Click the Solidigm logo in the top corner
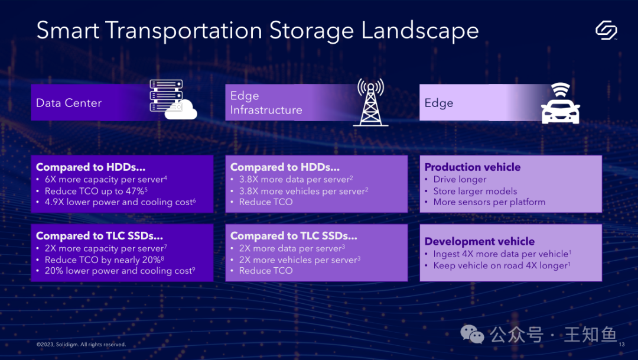(x=606, y=30)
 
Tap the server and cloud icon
(x=173, y=99)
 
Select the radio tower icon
(x=370, y=102)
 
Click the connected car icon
(x=560, y=103)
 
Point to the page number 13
(x=621, y=345)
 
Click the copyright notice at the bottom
(x=82, y=345)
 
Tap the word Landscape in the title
(x=420, y=31)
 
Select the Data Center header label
(x=69, y=103)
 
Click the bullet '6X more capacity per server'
(x=106, y=179)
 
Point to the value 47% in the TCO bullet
(x=135, y=191)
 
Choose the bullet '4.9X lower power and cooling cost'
(x=120, y=202)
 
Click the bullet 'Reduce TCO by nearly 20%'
(x=104, y=260)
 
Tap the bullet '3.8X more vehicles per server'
(x=304, y=191)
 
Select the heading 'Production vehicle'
(x=473, y=167)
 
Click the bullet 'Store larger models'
(x=475, y=191)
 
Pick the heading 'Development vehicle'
(x=479, y=242)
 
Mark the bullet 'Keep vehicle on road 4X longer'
(x=502, y=265)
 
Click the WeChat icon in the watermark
(x=472, y=335)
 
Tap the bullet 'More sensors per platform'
(x=489, y=202)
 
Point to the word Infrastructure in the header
(x=266, y=110)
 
